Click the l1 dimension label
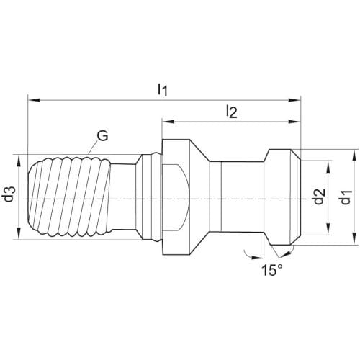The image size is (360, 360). pyautogui.click(x=163, y=90)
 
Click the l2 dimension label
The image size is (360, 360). pyautogui.click(x=232, y=112)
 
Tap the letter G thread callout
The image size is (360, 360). pyautogui.click(x=103, y=136)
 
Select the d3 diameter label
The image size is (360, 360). pyautogui.click(x=10, y=194)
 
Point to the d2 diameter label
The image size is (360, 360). pyautogui.click(x=320, y=197)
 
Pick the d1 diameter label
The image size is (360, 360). pyautogui.click(x=346, y=197)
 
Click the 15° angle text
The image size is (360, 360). pyautogui.click(x=271, y=270)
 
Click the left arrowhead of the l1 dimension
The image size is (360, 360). pyautogui.click(x=34, y=100)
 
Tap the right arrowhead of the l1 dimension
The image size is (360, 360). pyautogui.click(x=294, y=100)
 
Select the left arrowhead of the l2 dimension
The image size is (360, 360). pyautogui.click(x=168, y=122)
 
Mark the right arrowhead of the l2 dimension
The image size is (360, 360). pyautogui.click(x=294, y=122)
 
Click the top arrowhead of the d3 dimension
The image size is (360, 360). pyautogui.click(x=19, y=161)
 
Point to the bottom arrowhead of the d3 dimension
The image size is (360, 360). pyautogui.click(x=19, y=234)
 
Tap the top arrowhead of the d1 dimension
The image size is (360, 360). pyautogui.click(x=355, y=155)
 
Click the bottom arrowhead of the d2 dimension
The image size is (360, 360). pyautogui.click(x=328, y=229)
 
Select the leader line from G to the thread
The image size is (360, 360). pyautogui.click(x=93, y=147)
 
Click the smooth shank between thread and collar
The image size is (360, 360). pyautogui.click(x=123, y=197)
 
